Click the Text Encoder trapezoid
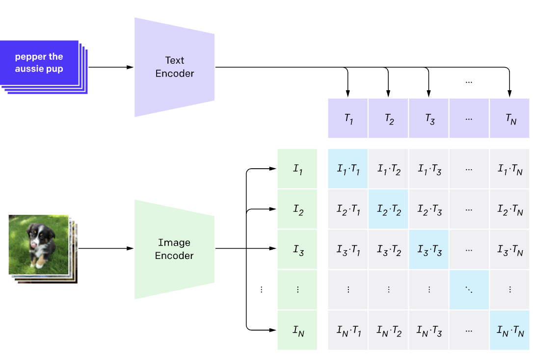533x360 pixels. click(x=174, y=67)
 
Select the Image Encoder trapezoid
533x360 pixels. click(x=174, y=249)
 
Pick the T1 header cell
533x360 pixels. click(x=348, y=119)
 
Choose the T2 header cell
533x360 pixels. click(x=388, y=119)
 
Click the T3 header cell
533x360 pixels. click(x=428, y=119)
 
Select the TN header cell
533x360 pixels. click(x=509, y=119)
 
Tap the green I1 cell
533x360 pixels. click(x=297, y=169)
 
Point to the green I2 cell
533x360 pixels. click(x=297, y=209)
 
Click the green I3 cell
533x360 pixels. click(x=297, y=250)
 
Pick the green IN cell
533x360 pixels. click(x=297, y=331)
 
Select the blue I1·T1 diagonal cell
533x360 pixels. click(x=348, y=169)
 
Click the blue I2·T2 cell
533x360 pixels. click(x=388, y=209)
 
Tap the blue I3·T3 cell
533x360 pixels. click(x=428, y=250)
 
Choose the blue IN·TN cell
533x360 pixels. click(x=509, y=331)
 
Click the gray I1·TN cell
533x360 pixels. click(x=509, y=169)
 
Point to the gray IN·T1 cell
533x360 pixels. click(x=348, y=331)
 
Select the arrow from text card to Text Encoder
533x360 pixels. click(x=110, y=67)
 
